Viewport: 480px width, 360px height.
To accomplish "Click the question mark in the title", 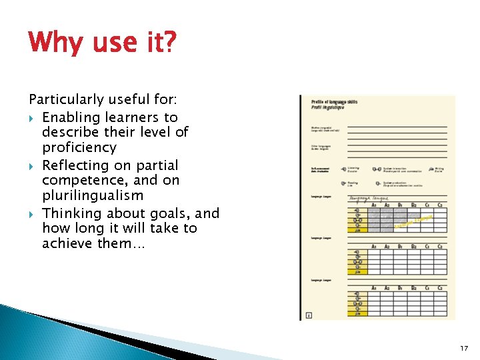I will [170, 43].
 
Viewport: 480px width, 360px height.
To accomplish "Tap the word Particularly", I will [66, 100].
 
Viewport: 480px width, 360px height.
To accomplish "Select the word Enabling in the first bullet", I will [69, 117].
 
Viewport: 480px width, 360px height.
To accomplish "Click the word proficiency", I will [79, 147].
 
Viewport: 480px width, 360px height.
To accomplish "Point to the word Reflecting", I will [74, 165].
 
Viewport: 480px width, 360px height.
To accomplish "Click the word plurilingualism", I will [92, 195].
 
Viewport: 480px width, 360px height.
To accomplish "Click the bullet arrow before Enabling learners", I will [32, 118].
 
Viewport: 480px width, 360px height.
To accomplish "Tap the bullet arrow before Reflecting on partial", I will [32, 165].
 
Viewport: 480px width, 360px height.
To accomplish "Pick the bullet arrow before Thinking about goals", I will [32, 214].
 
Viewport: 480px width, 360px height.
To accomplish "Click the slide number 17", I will [464, 348].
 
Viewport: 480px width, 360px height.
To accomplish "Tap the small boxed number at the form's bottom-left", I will [308, 315].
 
